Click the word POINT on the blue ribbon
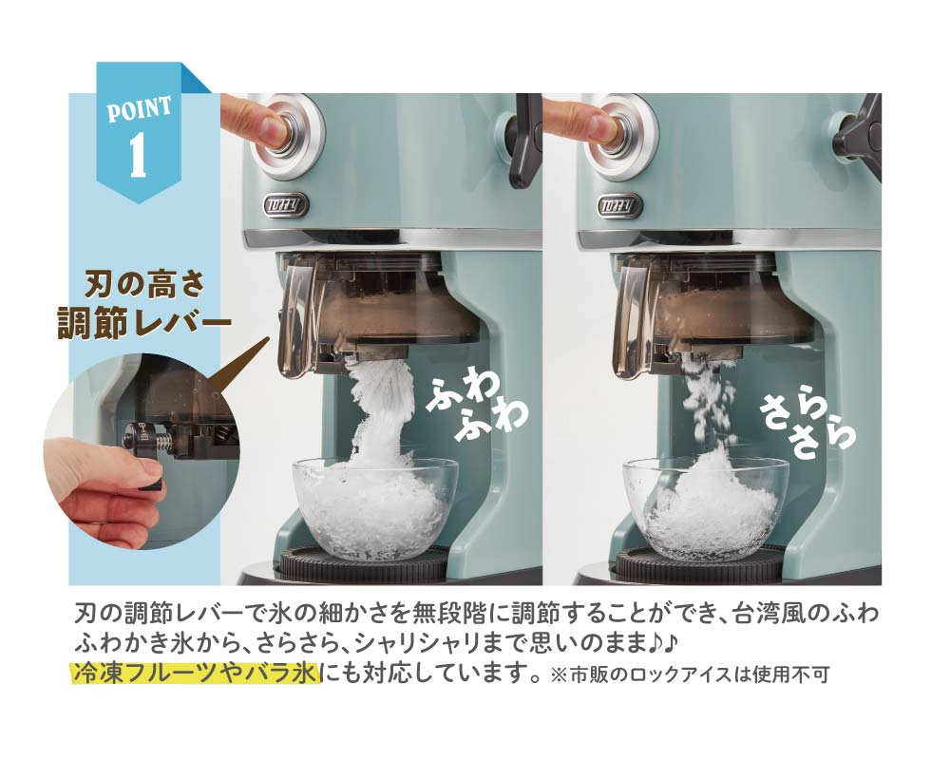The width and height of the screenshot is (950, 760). coord(140,109)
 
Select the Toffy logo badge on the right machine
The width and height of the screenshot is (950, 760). coord(619,204)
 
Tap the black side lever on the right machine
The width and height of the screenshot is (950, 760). coord(857,133)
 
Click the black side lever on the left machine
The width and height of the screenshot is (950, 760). coord(523,140)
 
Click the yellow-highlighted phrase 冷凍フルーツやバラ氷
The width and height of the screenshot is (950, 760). coord(195,674)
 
